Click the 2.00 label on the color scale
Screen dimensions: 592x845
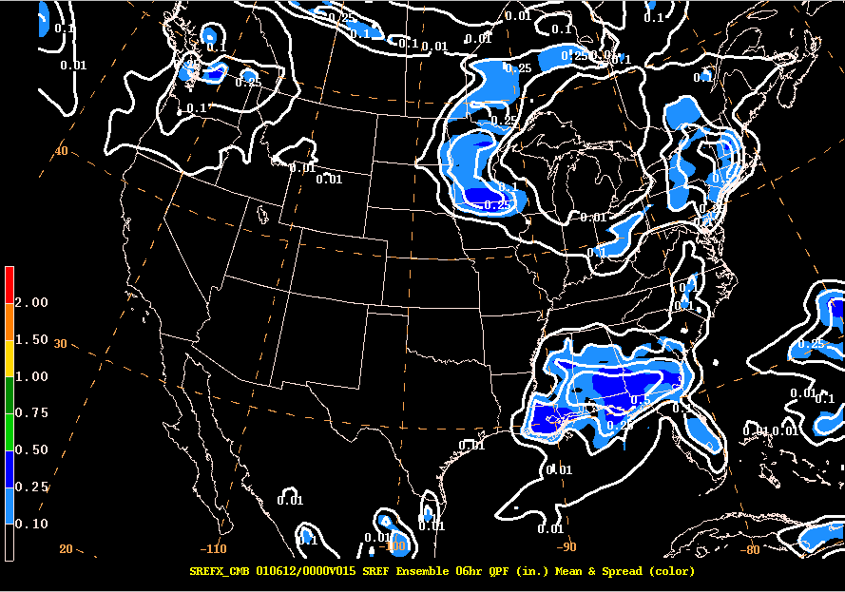pyautogui.click(x=32, y=302)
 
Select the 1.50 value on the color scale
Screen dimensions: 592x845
pyautogui.click(x=32, y=339)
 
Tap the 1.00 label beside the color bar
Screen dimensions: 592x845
pyautogui.click(x=32, y=376)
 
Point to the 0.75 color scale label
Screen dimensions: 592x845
pyautogui.click(x=32, y=412)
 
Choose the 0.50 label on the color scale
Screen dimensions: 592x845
pyautogui.click(x=32, y=449)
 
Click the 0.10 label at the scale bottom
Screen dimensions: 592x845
pyautogui.click(x=32, y=524)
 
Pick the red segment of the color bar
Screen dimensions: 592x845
pyautogui.click(x=9, y=284)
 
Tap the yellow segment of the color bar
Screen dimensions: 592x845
pyautogui.click(x=9, y=358)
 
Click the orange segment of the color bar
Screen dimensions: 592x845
pyautogui.click(x=9, y=321)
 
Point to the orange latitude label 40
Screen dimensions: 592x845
pyautogui.click(x=62, y=151)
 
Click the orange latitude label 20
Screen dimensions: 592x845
pyautogui.click(x=67, y=548)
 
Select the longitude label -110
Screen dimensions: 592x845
pyautogui.click(x=213, y=548)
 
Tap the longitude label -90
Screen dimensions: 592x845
pyautogui.click(x=567, y=546)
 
